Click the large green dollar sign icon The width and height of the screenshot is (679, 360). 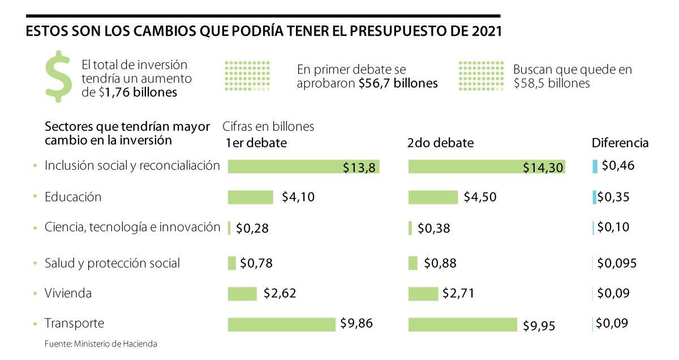tap(58, 76)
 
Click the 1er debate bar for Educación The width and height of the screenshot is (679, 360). tap(250, 197)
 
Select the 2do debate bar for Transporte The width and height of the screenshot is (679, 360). tap(462, 324)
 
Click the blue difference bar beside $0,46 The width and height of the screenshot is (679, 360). tap(595, 166)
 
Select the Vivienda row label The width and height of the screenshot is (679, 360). tap(68, 293)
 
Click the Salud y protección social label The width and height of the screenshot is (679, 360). tap(112, 263)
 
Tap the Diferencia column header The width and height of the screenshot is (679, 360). tap(620, 143)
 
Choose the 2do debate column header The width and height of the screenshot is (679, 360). tap(440, 143)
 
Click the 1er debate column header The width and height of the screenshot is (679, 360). tap(256, 143)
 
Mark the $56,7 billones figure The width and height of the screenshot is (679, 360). tap(398, 83)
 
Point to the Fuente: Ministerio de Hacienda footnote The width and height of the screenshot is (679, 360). tap(101, 344)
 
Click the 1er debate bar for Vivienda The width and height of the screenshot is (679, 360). tap(242, 294)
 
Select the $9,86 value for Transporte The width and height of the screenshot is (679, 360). tap(356, 323)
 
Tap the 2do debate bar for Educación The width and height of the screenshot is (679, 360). tap(433, 197)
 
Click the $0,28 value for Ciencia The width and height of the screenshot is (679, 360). tap(252, 229)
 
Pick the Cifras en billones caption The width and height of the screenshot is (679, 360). tap(269, 127)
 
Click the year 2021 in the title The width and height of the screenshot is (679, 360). tap(485, 32)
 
